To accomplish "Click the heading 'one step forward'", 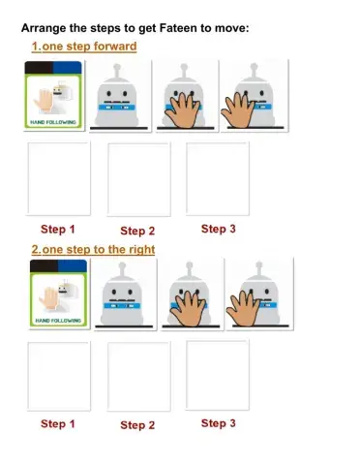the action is click(x=89, y=46).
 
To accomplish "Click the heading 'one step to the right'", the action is click(x=99, y=249).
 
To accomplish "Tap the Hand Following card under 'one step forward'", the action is click(x=53, y=95).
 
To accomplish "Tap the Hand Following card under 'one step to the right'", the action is click(x=58, y=294).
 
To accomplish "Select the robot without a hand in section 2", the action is click(x=122, y=294).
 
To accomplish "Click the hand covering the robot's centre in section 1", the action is click(x=184, y=109).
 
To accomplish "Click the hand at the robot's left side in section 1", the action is click(x=238, y=109).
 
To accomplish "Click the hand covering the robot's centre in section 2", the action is click(x=189, y=308).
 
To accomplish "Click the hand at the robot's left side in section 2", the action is click(x=243, y=308).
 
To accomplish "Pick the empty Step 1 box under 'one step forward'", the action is click(x=59, y=179).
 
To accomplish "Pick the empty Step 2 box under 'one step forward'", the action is click(x=138, y=179).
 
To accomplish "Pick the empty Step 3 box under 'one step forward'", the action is click(x=218, y=179).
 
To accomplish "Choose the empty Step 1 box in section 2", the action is click(x=59, y=377).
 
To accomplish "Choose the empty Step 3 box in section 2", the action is click(x=218, y=375).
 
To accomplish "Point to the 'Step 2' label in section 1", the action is click(x=137, y=231).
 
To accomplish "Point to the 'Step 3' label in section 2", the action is click(x=219, y=423).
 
